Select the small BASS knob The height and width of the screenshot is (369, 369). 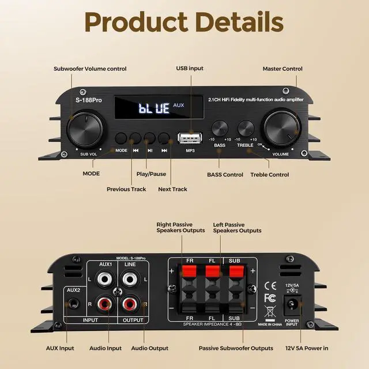(220, 128)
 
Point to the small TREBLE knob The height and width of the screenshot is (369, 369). (246, 128)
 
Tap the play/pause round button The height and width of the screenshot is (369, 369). (150, 138)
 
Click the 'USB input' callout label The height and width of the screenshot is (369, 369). (189, 69)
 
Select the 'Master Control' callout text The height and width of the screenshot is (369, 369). (283, 69)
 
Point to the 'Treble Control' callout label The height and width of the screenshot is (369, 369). (270, 174)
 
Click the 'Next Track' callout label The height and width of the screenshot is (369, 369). (172, 189)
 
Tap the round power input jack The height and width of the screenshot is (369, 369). (292, 303)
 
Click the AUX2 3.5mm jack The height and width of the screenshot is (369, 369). (73, 303)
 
